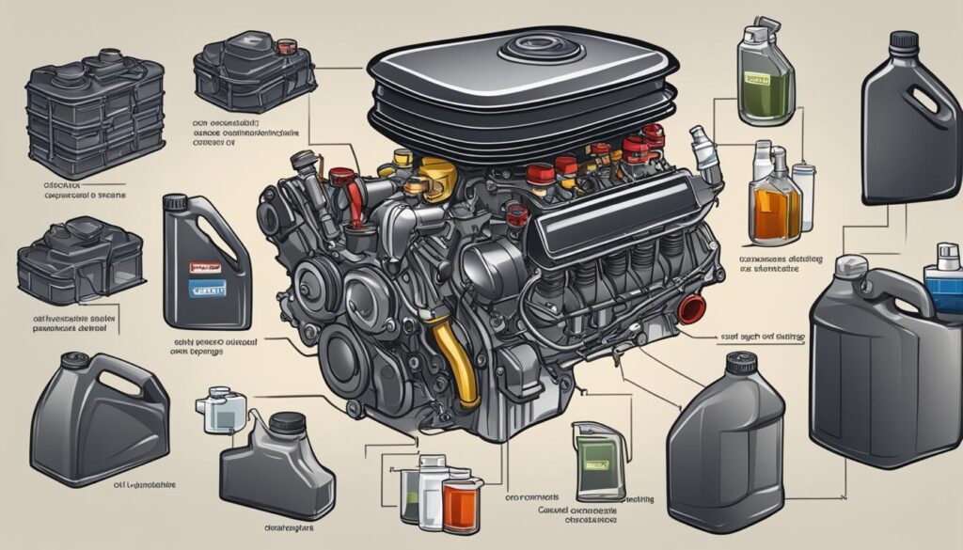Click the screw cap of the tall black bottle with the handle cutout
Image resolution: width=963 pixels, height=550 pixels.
[x=904, y=41]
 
